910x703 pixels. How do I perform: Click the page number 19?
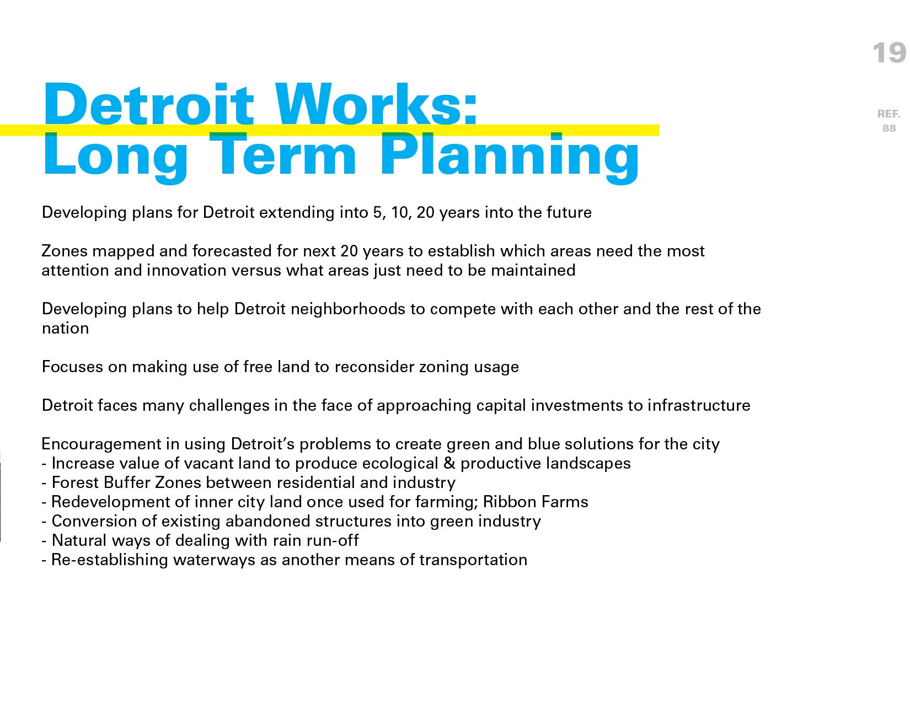889,53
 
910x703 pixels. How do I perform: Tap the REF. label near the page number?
888,114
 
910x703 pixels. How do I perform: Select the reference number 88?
889,128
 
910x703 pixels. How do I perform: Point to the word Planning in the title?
509,158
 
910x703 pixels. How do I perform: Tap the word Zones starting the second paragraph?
65,251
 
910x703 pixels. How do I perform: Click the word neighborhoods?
348,309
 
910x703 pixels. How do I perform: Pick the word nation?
65,329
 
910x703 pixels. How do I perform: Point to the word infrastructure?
699,406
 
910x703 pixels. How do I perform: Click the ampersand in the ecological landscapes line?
449,464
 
